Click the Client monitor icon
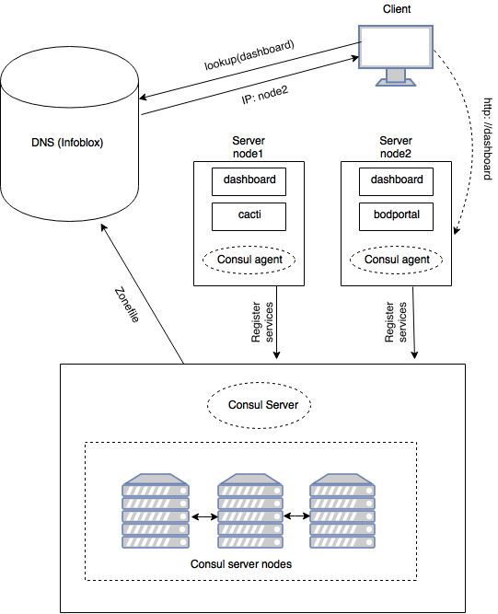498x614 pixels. point(396,55)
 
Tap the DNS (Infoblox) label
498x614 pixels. point(67,143)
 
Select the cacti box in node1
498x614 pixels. point(249,216)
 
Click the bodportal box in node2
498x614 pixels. point(396,216)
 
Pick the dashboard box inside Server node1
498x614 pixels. point(249,181)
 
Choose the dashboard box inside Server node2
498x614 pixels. point(396,181)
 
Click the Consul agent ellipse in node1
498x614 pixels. point(249,260)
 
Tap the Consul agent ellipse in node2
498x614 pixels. point(396,260)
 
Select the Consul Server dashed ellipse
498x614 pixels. point(260,405)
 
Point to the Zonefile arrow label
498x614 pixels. point(127,305)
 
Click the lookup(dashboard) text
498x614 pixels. point(249,54)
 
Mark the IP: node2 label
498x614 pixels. point(265,95)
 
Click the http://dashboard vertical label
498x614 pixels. point(488,139)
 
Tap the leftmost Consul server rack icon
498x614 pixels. point(156,511)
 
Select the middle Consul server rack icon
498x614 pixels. point(250,511)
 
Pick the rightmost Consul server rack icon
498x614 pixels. point(342,511)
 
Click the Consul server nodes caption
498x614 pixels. point(241,564)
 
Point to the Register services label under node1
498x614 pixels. point(262,322)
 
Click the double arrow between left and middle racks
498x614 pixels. point(204,517)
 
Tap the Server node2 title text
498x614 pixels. point(396,147)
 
